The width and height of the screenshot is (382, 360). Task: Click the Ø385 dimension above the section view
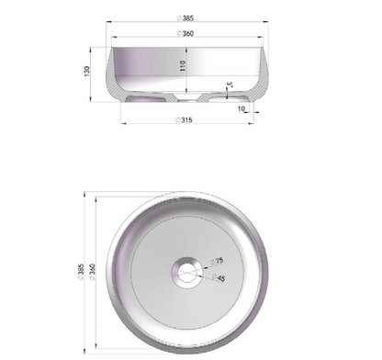pyautogui.click(x=185, y=17)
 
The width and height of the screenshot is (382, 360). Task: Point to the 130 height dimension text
pyautogui.click(x=87, y=71)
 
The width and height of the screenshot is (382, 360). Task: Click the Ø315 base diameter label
pyautogui.click(x=185, y=120)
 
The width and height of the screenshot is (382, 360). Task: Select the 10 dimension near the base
pyautogui.click(x=241, y=108)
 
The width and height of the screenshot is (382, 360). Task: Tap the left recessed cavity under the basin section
pyautogui.click(x=152, y=96)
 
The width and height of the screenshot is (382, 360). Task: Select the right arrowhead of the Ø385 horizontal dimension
pyautogui.click(x=270, y=22)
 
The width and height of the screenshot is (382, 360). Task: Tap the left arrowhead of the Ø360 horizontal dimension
pyautogui.click(x=111, y=39)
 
